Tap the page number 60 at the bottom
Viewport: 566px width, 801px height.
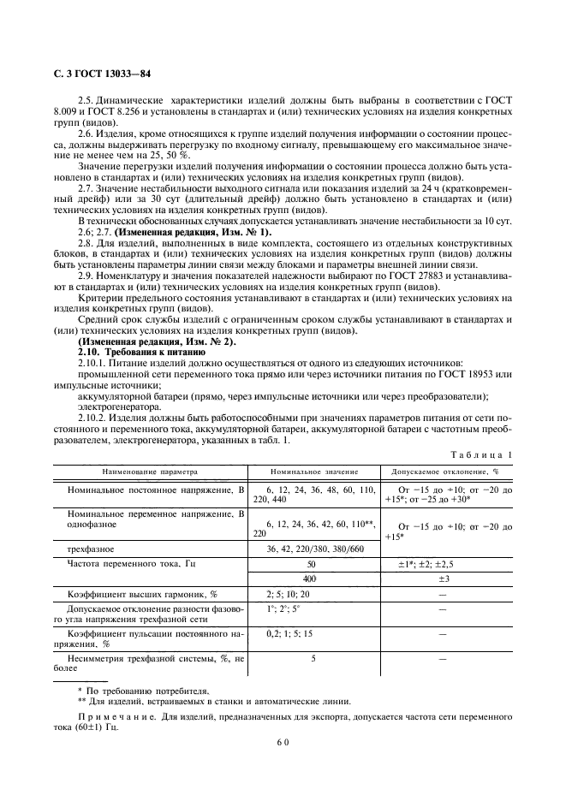(x=283, y=743)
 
